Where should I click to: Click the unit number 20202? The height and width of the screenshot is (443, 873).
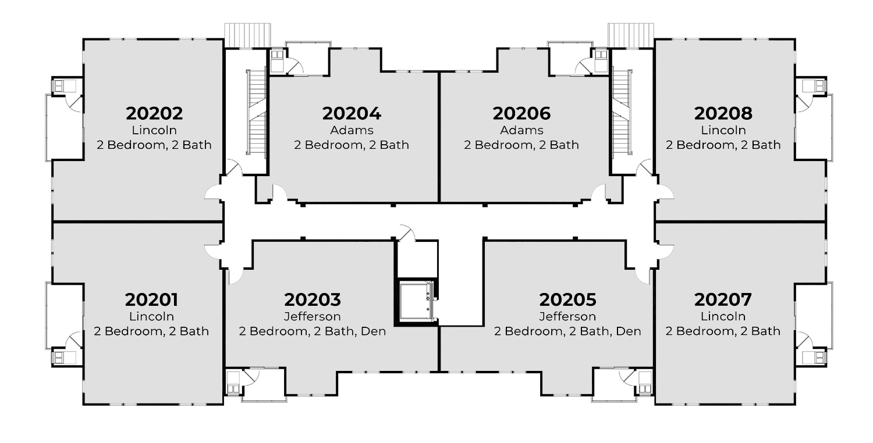point(154,113)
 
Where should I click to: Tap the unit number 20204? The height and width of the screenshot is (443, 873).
point(351,113)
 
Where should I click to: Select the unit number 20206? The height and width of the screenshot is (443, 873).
point(521,113)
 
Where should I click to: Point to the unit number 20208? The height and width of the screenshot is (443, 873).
point(723,113)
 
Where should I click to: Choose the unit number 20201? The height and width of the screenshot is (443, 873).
point(151,300)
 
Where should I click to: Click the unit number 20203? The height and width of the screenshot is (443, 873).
point(312,300)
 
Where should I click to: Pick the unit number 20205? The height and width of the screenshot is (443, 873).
point(567,300)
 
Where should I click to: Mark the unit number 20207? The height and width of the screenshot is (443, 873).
point(723,300)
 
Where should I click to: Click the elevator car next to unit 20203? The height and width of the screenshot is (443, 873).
point(417,300)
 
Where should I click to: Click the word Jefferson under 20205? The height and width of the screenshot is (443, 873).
point(567,317)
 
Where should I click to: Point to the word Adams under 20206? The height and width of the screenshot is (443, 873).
point(521,130)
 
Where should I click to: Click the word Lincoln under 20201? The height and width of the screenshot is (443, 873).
point(151,317)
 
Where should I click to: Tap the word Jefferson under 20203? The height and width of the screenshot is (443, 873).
point(312,317)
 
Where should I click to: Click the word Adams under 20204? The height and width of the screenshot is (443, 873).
point(351,130)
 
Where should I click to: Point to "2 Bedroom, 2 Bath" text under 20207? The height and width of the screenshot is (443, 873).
point(723,331)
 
